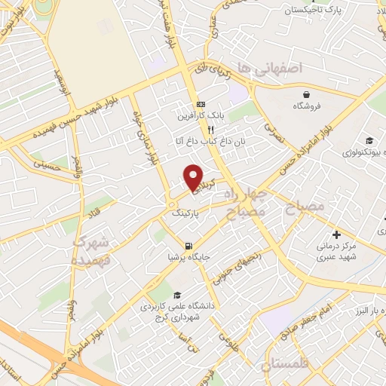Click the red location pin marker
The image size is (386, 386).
[194, 176]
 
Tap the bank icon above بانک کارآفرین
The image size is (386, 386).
[200, 104]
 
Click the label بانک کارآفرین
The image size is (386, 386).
[201, 117]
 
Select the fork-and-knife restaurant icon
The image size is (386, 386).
[200, 129]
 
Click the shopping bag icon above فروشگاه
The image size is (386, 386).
[307, 95]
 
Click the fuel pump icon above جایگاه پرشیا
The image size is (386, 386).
[187, 246]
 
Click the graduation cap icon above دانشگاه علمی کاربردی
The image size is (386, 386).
[176, 295]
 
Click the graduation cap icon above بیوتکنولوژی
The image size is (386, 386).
[369, 140]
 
